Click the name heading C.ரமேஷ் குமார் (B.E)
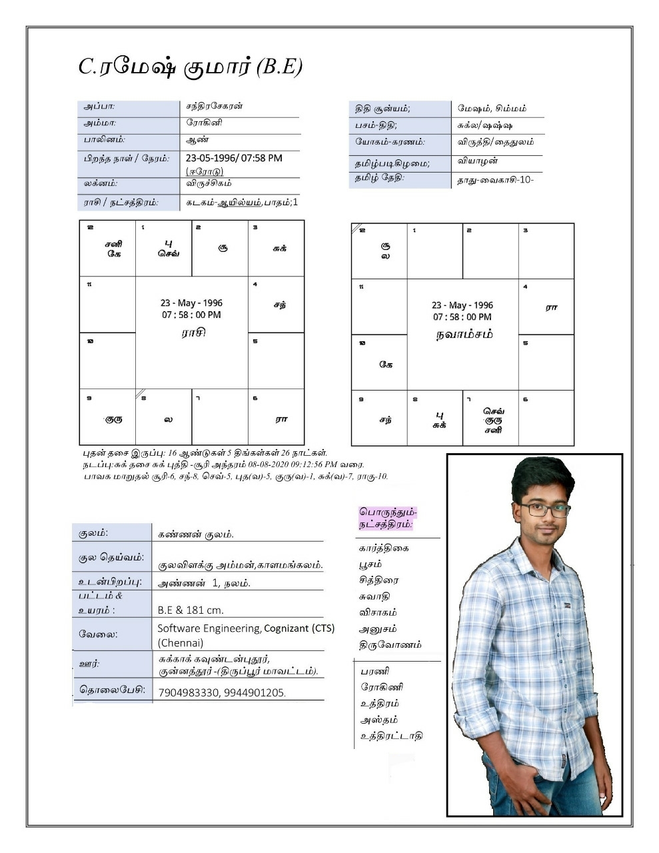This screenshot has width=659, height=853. pyautogui.click(x=191, y=67)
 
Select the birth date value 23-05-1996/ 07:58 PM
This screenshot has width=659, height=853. pyautogui.click(x=234, y=159)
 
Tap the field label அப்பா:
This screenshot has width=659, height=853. pyautogui.click(x=99, y=107)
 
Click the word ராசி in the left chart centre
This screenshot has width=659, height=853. pyautogui.click(x=193, y=332)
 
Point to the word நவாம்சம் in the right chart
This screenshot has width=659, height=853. pyautogui.click(x=464, y=334)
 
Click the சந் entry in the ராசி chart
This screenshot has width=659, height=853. pyautogui.click(x=280, y=305)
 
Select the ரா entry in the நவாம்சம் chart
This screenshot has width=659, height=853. pyautogui.click(x=551, y=308)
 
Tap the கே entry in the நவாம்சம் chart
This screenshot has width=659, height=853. pyautogui.click(x=386, y=364)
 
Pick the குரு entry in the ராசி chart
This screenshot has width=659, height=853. pyautogui.click(x=114, y=419)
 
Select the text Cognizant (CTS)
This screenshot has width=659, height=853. pyautogui.click(x=299, y=628)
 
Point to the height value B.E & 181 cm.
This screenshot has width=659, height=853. pyautogui.click(x=191, y=610)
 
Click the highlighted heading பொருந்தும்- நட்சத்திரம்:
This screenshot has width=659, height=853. pyautogui.click(x=388, y=518)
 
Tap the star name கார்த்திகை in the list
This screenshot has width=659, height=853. pyautogui.click(x=384, y=548)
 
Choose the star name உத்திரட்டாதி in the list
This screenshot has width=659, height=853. pyautogui.click(x=391, y=736)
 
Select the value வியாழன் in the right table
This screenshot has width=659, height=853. pyautogui.click(x=478, y=161)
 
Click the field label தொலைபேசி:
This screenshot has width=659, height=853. pyautogui.click(x=112, y=690)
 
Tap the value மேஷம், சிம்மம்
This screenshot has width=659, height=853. pyautogui.click(x=492, y=108)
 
